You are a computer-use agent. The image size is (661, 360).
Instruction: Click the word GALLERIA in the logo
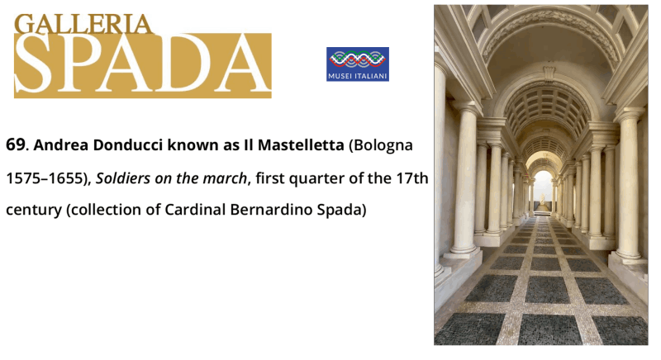(x=83, y=24)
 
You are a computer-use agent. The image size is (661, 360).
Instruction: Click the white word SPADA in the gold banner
(x=142, y=64)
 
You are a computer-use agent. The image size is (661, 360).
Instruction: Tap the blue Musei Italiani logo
(x=358, y=64)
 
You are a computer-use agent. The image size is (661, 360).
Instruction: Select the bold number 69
(x=16, y=144)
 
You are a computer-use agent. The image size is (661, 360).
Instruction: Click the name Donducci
(x=128, y=144)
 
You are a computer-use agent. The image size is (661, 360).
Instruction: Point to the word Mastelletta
(x=301, y=144)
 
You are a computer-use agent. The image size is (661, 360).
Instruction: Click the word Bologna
(x=383, y=145)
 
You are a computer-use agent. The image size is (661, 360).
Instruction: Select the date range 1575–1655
(x=45, y=178)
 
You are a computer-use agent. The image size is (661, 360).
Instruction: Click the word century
(x=33, y=210)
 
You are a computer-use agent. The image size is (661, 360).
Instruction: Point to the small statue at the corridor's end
(x=542, y=201)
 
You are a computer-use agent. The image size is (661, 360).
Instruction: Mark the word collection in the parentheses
(x=106, y=209)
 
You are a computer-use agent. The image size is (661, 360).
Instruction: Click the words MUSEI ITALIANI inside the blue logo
(x=358, y=76)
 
